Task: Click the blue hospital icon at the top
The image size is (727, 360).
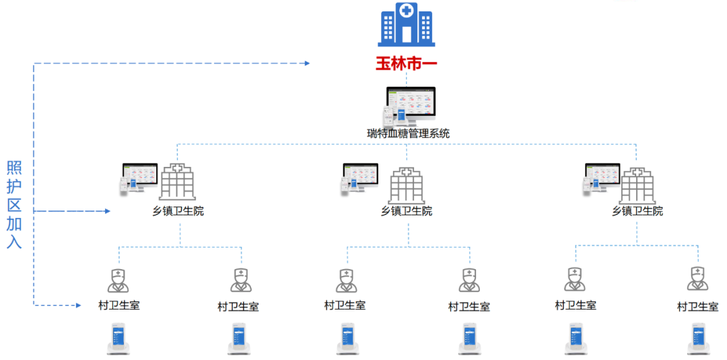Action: [x=406, y=25]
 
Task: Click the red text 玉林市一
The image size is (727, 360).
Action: [x=406, y=65]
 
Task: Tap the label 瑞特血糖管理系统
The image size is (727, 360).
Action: [x=408, y=133]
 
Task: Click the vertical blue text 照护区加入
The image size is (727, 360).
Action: [x=14, y=205]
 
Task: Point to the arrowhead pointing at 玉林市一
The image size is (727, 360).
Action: [x=306, y=63]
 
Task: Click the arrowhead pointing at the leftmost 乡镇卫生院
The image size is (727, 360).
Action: [x=106, y=211]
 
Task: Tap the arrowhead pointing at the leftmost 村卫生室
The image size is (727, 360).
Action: [x=77, y=305]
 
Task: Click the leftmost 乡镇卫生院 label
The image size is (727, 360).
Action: [x=178, y=211]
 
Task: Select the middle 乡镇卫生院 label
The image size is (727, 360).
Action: [x=407, y=211]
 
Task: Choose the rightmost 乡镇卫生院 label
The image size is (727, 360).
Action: [x=637, y=211]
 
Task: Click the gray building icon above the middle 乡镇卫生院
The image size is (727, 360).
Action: [x=407, y=185]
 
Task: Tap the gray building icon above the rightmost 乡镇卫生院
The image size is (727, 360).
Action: [x=637, y=185]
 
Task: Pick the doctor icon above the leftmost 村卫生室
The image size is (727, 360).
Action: [x=118, y=280]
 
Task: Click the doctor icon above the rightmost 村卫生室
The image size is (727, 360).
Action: [x=697, y=279]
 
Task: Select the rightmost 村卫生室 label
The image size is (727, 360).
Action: [x=697, y=307]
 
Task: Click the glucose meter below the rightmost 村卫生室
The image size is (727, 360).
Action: [x=697, y=339]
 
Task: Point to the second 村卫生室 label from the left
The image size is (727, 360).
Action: [x=238, y=307]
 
